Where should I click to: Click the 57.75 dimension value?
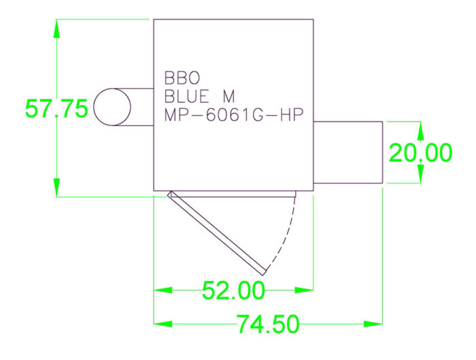pyautogui.click(x=56, y=109)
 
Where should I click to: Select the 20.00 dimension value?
pyautogui.click(x=420, y=153)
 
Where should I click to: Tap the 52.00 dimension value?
pyautogui.click(x=233, y=291)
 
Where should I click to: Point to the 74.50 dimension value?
pyautogui.click(x=268, y=325)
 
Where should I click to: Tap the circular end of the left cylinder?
pyautogui.click(x=112, y=108)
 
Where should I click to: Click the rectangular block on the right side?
pyautogui.click(x=348, y=152)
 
